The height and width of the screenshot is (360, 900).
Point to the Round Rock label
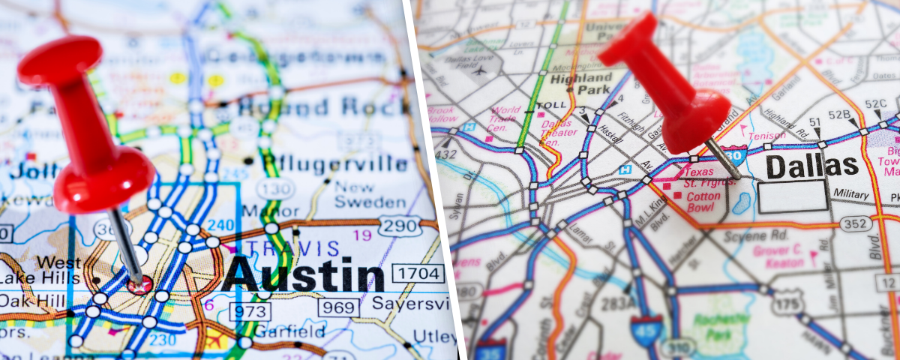point(322,106)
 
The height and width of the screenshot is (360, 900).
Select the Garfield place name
point(289,331)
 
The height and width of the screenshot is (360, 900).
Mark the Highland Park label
point(580,84)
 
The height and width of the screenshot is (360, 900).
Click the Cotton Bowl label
point(703,202)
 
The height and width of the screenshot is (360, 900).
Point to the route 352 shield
point(856,223)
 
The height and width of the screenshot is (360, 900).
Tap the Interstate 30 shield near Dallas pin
point(736,155)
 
